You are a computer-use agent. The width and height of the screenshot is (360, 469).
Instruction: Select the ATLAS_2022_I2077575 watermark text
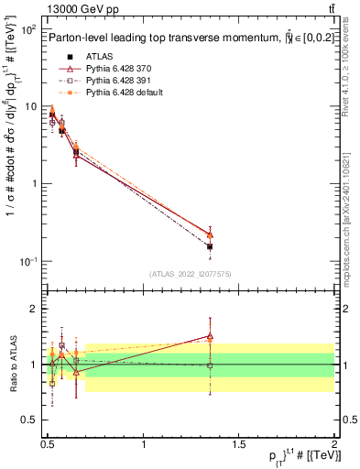tap(189, 274)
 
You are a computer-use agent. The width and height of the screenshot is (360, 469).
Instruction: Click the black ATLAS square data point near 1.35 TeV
tap(210, 246)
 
